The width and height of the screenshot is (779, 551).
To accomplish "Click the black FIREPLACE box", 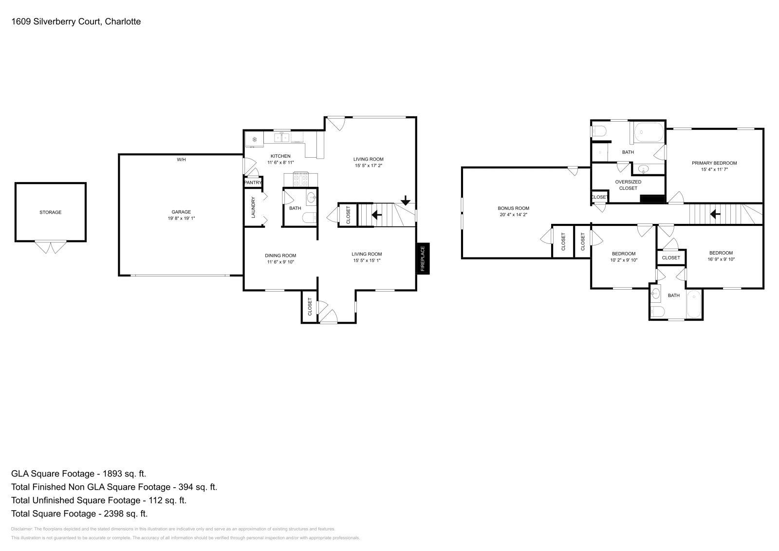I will click(423, 258).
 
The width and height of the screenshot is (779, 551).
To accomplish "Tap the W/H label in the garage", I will click(181, 160).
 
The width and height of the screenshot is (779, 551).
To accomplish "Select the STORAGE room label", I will click(51, 212).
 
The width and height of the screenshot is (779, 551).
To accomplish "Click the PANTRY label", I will click(253, 183).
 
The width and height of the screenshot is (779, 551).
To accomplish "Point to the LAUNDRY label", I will click(253, 207).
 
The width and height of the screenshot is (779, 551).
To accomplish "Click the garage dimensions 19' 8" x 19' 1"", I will click(181, 219).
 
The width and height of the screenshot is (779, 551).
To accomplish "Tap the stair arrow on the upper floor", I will click(716, 214).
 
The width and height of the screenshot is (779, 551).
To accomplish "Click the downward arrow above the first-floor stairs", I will click(405, 201).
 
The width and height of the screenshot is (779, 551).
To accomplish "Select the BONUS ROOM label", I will click(513, 208).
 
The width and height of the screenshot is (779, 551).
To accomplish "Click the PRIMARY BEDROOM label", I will click(714, 163).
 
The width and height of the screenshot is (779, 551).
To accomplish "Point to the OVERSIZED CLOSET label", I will click(628, 185).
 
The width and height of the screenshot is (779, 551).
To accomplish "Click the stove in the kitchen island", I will click(300, 179).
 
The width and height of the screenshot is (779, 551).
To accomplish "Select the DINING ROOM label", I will click(280, 256).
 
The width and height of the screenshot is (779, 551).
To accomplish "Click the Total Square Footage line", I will click(79, 514).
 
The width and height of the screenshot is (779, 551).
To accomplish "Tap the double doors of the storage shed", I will click(51, 247).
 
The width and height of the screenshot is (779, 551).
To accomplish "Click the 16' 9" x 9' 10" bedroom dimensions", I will click(721, 259).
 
